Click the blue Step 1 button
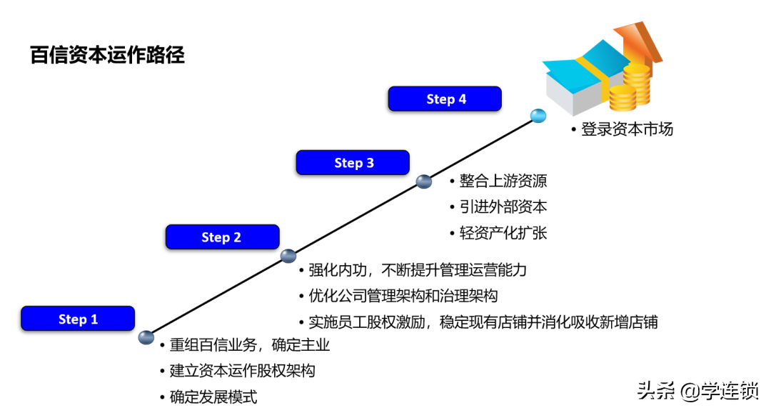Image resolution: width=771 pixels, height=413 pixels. [x=78, y=319]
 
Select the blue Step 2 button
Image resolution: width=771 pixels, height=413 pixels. [x=222, y=237]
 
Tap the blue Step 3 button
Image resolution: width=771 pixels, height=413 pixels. [x=353, y=163]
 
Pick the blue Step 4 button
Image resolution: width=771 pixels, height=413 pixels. [x=445, y=99]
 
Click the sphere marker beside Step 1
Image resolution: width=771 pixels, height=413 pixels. [x=146, y=337]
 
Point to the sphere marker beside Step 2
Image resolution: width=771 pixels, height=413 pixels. [x=288, y=256]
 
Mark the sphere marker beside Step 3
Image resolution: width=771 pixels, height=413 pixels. [x=424, y=181]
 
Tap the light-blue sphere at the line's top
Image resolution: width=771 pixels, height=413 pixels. [x=538, y=115]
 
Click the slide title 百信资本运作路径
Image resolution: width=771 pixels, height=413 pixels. [x=107, y=55]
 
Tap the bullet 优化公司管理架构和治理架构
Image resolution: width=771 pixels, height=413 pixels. [x=403, y=296]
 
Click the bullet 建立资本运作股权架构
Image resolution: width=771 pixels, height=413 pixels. [x=242, y=371]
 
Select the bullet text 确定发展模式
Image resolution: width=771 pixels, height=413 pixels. [x=213, y=397]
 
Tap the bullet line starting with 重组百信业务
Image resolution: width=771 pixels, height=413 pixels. [x=249, y=345]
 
